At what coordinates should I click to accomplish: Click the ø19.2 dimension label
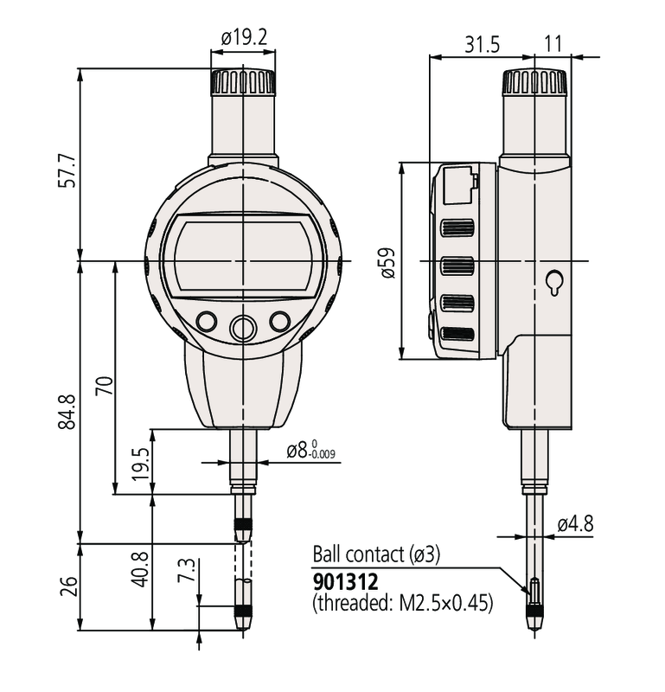click(244, 38)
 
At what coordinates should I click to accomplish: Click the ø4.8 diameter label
click(574, 523)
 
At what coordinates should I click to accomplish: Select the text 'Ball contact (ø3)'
click(376, 555)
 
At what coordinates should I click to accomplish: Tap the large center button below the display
click(242, 327)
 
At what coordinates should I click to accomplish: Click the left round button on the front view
click(206, 322)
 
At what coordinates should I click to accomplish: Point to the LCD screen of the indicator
click(242, 258)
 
